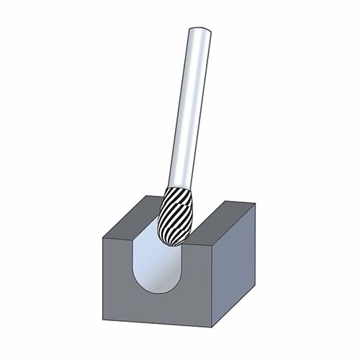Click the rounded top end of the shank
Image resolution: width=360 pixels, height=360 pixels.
(x=199, y=31)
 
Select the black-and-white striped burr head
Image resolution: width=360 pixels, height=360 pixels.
(x=176, y=215)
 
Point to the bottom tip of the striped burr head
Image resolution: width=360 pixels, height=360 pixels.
(x=173, y=243)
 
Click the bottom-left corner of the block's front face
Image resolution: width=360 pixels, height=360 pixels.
(x=104, y=320)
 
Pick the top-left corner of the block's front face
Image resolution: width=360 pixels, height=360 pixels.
(x=104, y=237)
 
